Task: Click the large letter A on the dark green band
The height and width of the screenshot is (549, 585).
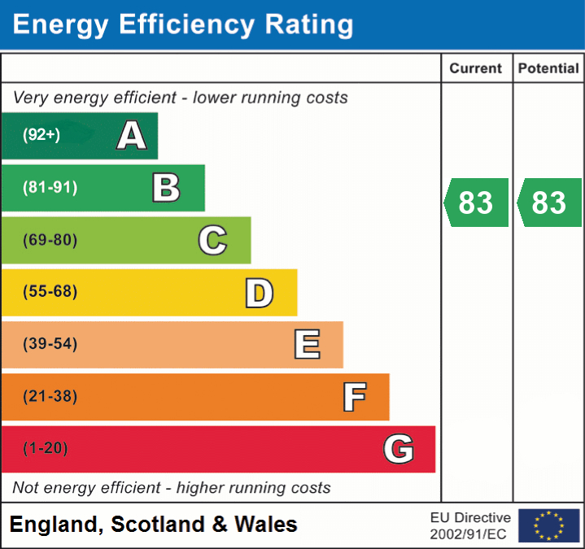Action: pyautogui.click(x=132, y=136)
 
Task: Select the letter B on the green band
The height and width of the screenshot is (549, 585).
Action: pyautogui.click(x=166, y=188)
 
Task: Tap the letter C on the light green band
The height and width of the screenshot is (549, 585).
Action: pyautogui.click(x=212, y=240)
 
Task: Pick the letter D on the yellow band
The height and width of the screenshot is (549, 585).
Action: pyautogui.click(x=259, y=293)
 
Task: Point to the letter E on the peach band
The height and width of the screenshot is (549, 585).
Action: pyautogui.click(x=306, y=345)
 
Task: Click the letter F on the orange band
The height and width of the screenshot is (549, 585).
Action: pyautogui.click(x=354, y=397)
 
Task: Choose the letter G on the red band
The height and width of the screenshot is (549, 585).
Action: pyautogui.click(x=399, y=449)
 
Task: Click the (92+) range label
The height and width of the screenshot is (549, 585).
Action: pyautogui.click(x=41, y=135)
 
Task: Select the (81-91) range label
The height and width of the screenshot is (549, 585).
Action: pyautogui.click(x=50, y=188)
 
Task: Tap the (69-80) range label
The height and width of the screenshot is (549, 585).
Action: pyautogui.click(x=50, y=240)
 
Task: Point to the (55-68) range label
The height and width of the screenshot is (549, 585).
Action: pyautogui.click(x=50, y=292)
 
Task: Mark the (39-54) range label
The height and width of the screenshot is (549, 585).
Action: pyautogui.click(x=50, y=344)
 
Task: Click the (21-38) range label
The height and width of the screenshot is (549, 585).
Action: pyautogui.click(x=50, y=397)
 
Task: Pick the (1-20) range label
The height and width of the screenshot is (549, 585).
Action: pyautogui.click(x=46, y=448)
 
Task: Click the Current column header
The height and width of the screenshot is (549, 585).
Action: pyautogui.click(x=476, y=69)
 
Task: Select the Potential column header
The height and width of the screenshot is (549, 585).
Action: pyautogui.click(x=548, y=69)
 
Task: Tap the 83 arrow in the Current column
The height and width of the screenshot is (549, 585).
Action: pyautogui.click(x=477, y=203)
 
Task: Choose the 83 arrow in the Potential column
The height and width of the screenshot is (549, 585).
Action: pyautogui.click(x=550, y=203)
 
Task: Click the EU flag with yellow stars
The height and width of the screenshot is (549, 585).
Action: pyautogui.click(x=548, y=525)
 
